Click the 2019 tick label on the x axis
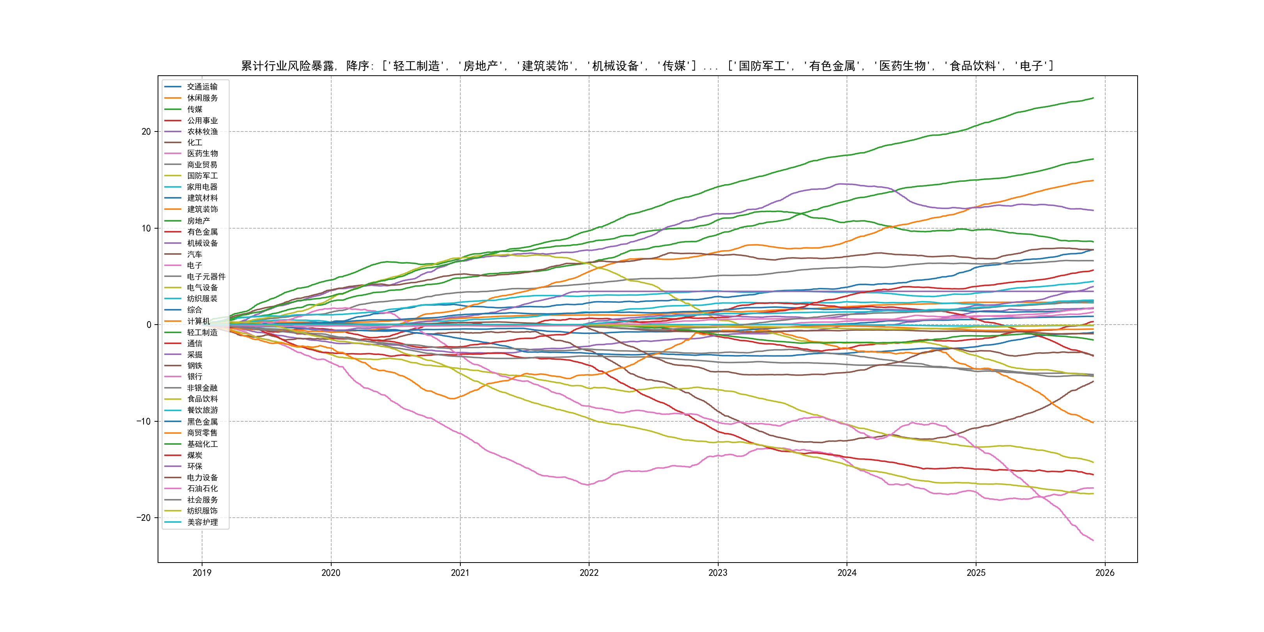coord(202,573)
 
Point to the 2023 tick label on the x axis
coord(718,573)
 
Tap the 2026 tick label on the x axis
coord(1105,573)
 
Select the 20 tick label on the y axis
coord(146,131)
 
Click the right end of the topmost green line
coord(1093,98)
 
